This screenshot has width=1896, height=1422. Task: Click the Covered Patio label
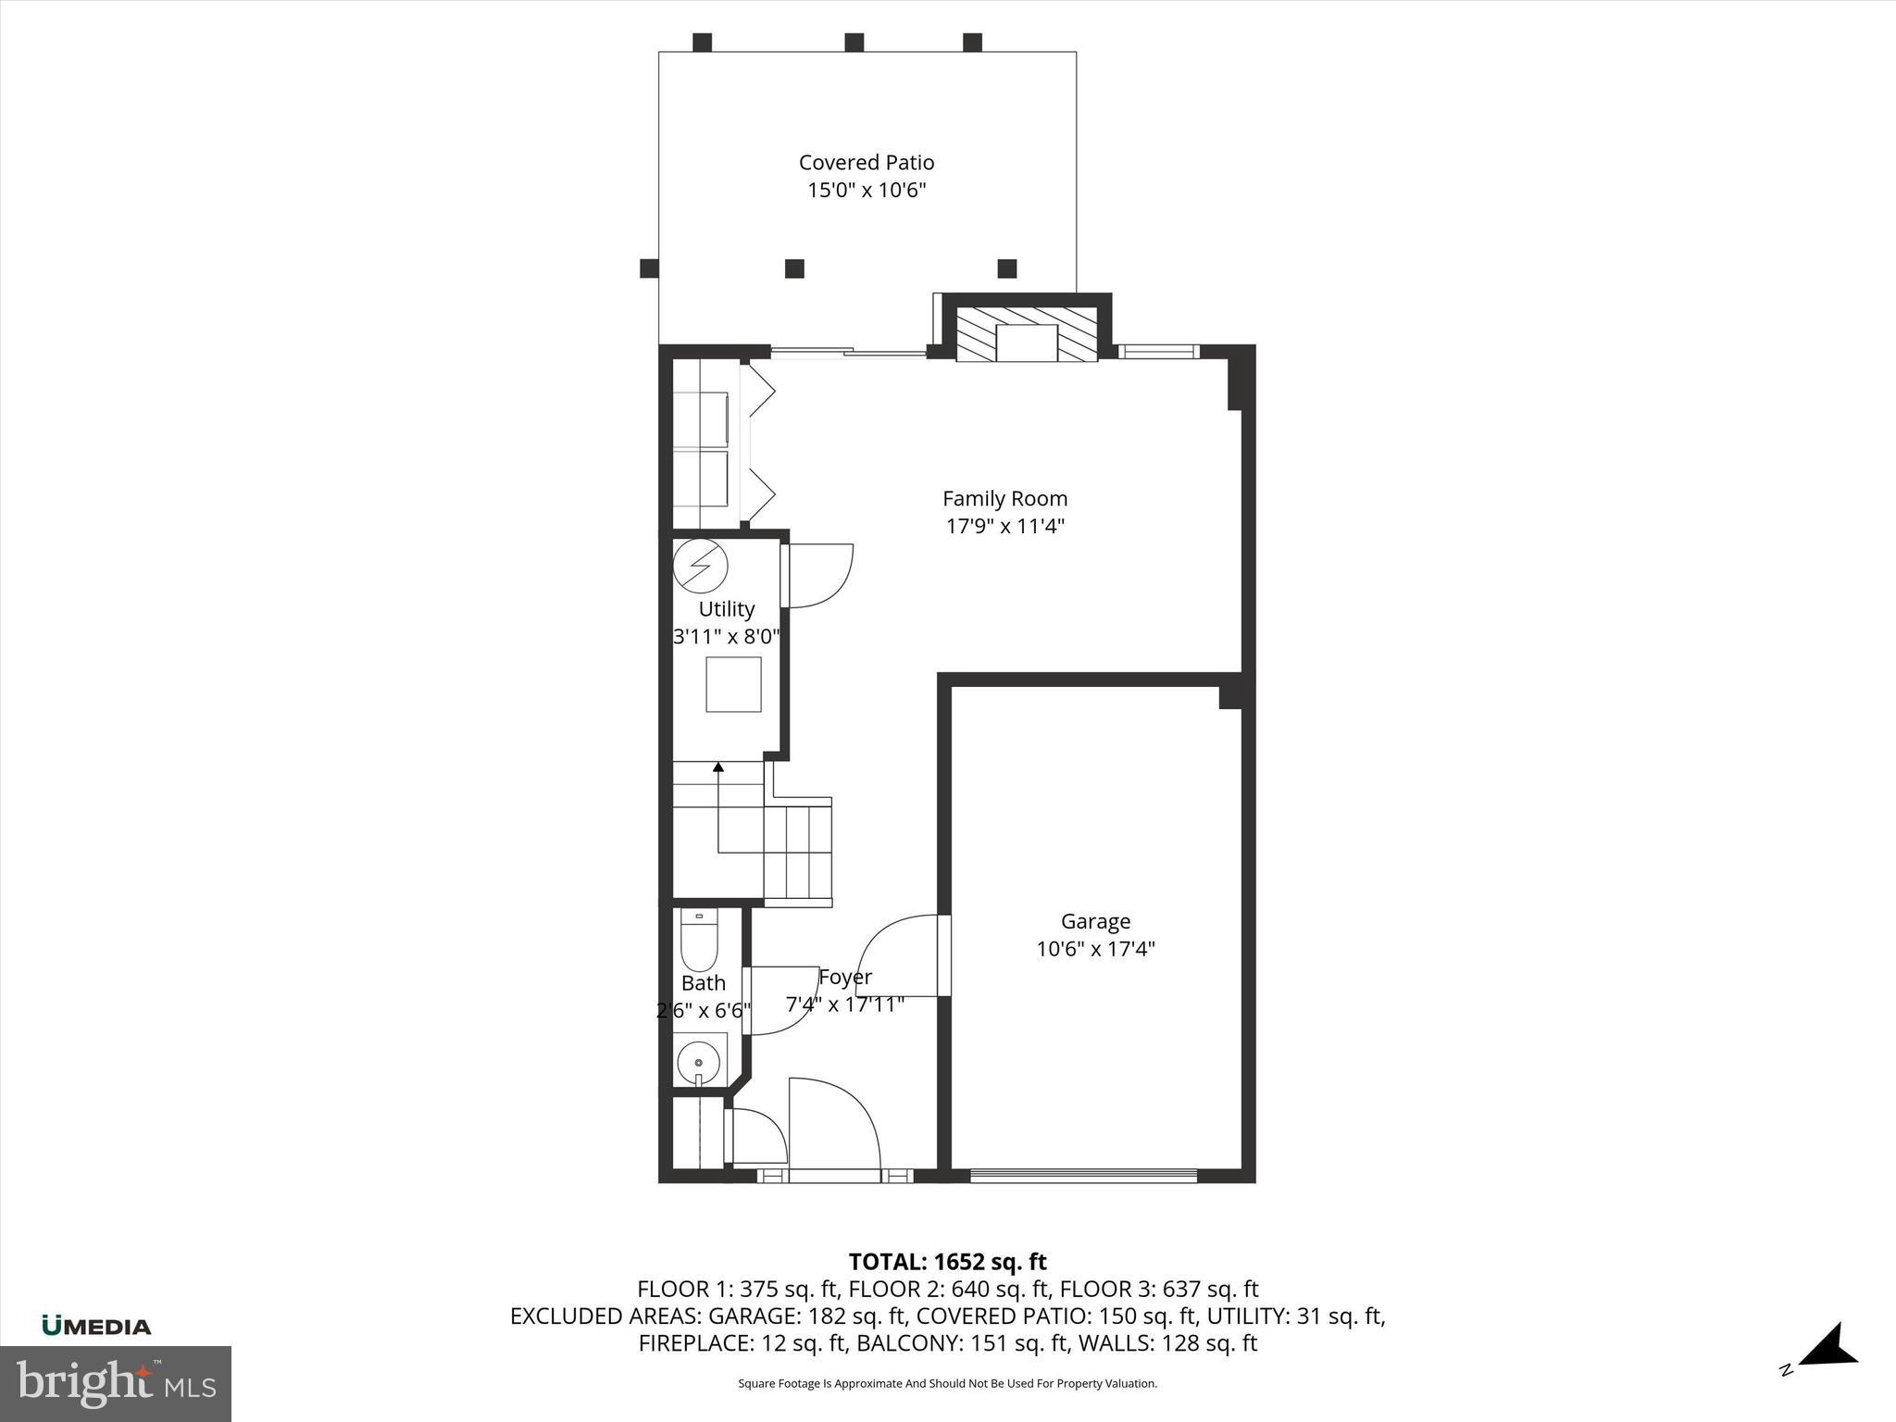(x=867, y=163)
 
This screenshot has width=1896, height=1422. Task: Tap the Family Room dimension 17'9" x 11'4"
(x=1005, y=527)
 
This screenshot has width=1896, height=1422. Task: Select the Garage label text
(x=1095, y=921)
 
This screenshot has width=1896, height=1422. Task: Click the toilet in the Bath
(x=699, y=942)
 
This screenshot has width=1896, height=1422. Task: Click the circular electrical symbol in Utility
(x=700, y=564)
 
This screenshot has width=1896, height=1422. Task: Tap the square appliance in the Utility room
(x=733, y=684)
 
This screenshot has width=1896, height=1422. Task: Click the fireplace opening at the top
(x=1026, y=343)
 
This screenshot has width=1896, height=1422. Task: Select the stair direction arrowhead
(x=718, y=767)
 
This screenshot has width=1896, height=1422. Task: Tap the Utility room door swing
(x=817, y=576)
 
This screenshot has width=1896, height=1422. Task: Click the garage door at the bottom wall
(x=1083, y=1176)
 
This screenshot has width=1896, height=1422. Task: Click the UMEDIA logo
(x=96, y=1326)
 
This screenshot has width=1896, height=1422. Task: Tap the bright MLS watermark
(x=116, y=1383)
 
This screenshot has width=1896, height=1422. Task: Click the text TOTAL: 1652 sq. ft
(x=947, y=1262)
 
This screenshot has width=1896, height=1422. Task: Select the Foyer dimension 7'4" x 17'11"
(x=844, y=1004)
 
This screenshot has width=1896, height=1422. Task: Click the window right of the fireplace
(x=1157, y=352)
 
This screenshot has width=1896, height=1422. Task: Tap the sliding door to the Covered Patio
(x=848, y=352)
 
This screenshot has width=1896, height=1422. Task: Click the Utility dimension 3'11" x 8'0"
(x=727, y=637)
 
